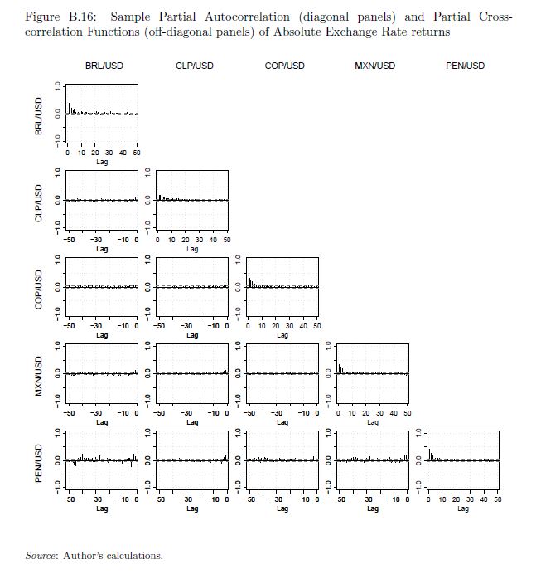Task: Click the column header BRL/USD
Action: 104,66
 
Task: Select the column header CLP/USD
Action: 195,66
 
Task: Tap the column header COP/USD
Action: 284,66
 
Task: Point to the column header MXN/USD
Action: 374,66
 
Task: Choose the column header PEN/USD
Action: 465,66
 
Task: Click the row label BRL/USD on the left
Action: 39,114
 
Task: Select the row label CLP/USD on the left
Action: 39,201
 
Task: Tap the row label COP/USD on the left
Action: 39,288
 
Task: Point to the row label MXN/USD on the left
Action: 39,374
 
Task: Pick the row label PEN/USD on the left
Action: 39,460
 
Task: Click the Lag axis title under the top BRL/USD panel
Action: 102,162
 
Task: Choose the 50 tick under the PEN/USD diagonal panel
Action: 497,499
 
